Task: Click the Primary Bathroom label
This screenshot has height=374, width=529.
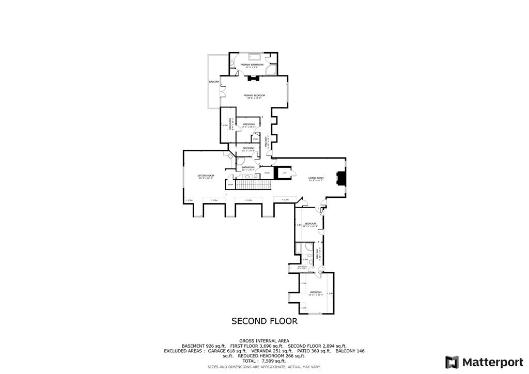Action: coord(252,65)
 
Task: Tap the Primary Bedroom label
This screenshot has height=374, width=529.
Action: coord(254,96)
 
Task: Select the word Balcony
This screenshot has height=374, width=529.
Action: coord(214,82)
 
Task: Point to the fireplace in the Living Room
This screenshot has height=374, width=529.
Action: coord(339,178)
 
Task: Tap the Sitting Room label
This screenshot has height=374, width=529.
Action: coord(206,176)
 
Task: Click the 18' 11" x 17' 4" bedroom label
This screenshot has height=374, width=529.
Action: coord(316,293)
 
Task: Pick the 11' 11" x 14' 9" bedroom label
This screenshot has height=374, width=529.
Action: coord(309,224)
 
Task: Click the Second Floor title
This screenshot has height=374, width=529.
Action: coord(264,321)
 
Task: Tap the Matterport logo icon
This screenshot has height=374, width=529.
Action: coord(452,362)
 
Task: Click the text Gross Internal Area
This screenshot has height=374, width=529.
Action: coord(264,341)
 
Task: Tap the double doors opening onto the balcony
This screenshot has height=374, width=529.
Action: coord(222,92)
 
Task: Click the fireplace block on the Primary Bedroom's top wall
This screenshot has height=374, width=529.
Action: coord(253,79)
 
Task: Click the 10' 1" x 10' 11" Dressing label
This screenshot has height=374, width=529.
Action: coord(248,125)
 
